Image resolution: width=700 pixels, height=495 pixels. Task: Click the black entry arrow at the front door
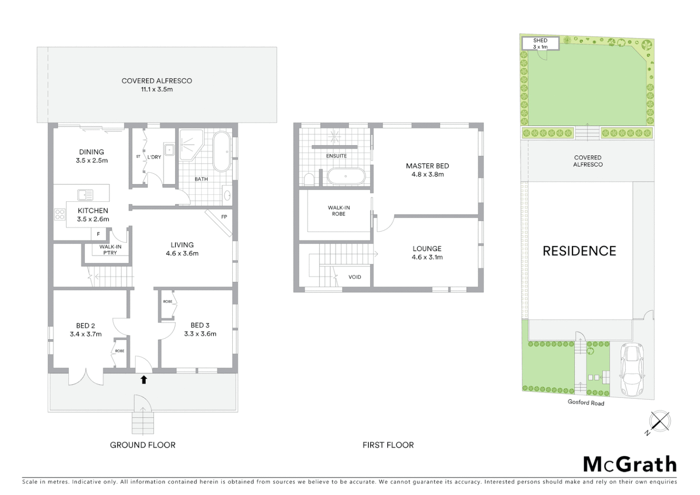[144, 379]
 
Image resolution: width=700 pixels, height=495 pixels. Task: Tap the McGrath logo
[630, 464]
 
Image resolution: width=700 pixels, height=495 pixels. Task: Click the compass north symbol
[660, 421]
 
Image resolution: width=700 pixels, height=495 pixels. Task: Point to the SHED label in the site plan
[541, 41]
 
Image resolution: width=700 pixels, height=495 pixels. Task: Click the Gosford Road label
[586, 402]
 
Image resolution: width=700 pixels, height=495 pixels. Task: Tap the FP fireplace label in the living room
[224, 217]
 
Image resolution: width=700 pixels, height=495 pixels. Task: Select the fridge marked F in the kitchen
[98, 234]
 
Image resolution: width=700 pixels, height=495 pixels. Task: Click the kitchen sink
[85, 195]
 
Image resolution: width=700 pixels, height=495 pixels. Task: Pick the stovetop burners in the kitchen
[60, 214]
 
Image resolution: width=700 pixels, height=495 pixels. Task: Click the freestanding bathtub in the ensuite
[346, 176]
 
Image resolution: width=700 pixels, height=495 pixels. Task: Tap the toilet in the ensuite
[309, 179]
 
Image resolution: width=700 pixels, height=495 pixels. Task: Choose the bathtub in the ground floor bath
[223, 151]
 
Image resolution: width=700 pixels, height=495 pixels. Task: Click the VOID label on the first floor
[355, 277]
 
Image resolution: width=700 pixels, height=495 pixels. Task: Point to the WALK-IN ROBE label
[339, 211]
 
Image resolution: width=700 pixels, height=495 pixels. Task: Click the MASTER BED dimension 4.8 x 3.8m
[427, 175]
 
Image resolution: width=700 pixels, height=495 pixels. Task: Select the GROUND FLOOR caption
[142, 445]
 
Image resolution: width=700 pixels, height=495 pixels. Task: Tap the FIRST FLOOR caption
[388, 445]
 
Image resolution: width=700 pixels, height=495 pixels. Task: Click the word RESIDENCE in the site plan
[580, 251]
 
